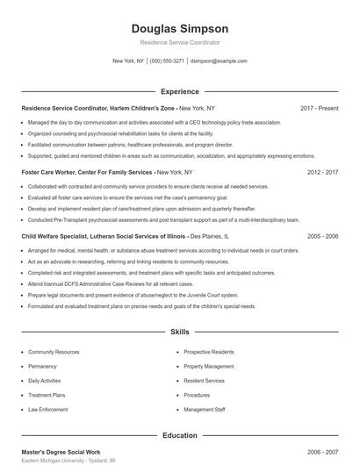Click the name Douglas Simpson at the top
pyautogui.click(x=179, y=28)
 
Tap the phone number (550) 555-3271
pyautogui.click(x=167, y=61)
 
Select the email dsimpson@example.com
pyautogui.click(x=219, y=61)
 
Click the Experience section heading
pyautogui.click(x=180, y=91)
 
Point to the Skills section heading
pyautogui.click(x=180, y=333)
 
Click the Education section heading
pyautogui.click(x=180, y=434)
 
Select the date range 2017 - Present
pyautogui.click(x=319, y=108)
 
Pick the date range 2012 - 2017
pyautogui.click(x=322, y=173)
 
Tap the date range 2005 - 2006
pyautogui.click(x=322, y=237)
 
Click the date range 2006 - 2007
pyautogui.click(x=322, y=451)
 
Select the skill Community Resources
pyautogui.click(x=54, y=351)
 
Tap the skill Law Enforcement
pyautogui.click(x=47, y=410)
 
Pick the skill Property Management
pyautogui.click(x=208, y=366)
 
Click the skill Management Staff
pyautogui.click(x=205, y=410)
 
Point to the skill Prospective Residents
pyautogui.click(x=208, y=351)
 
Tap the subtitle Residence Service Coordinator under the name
pyautogui.click(x=179, y=42)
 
